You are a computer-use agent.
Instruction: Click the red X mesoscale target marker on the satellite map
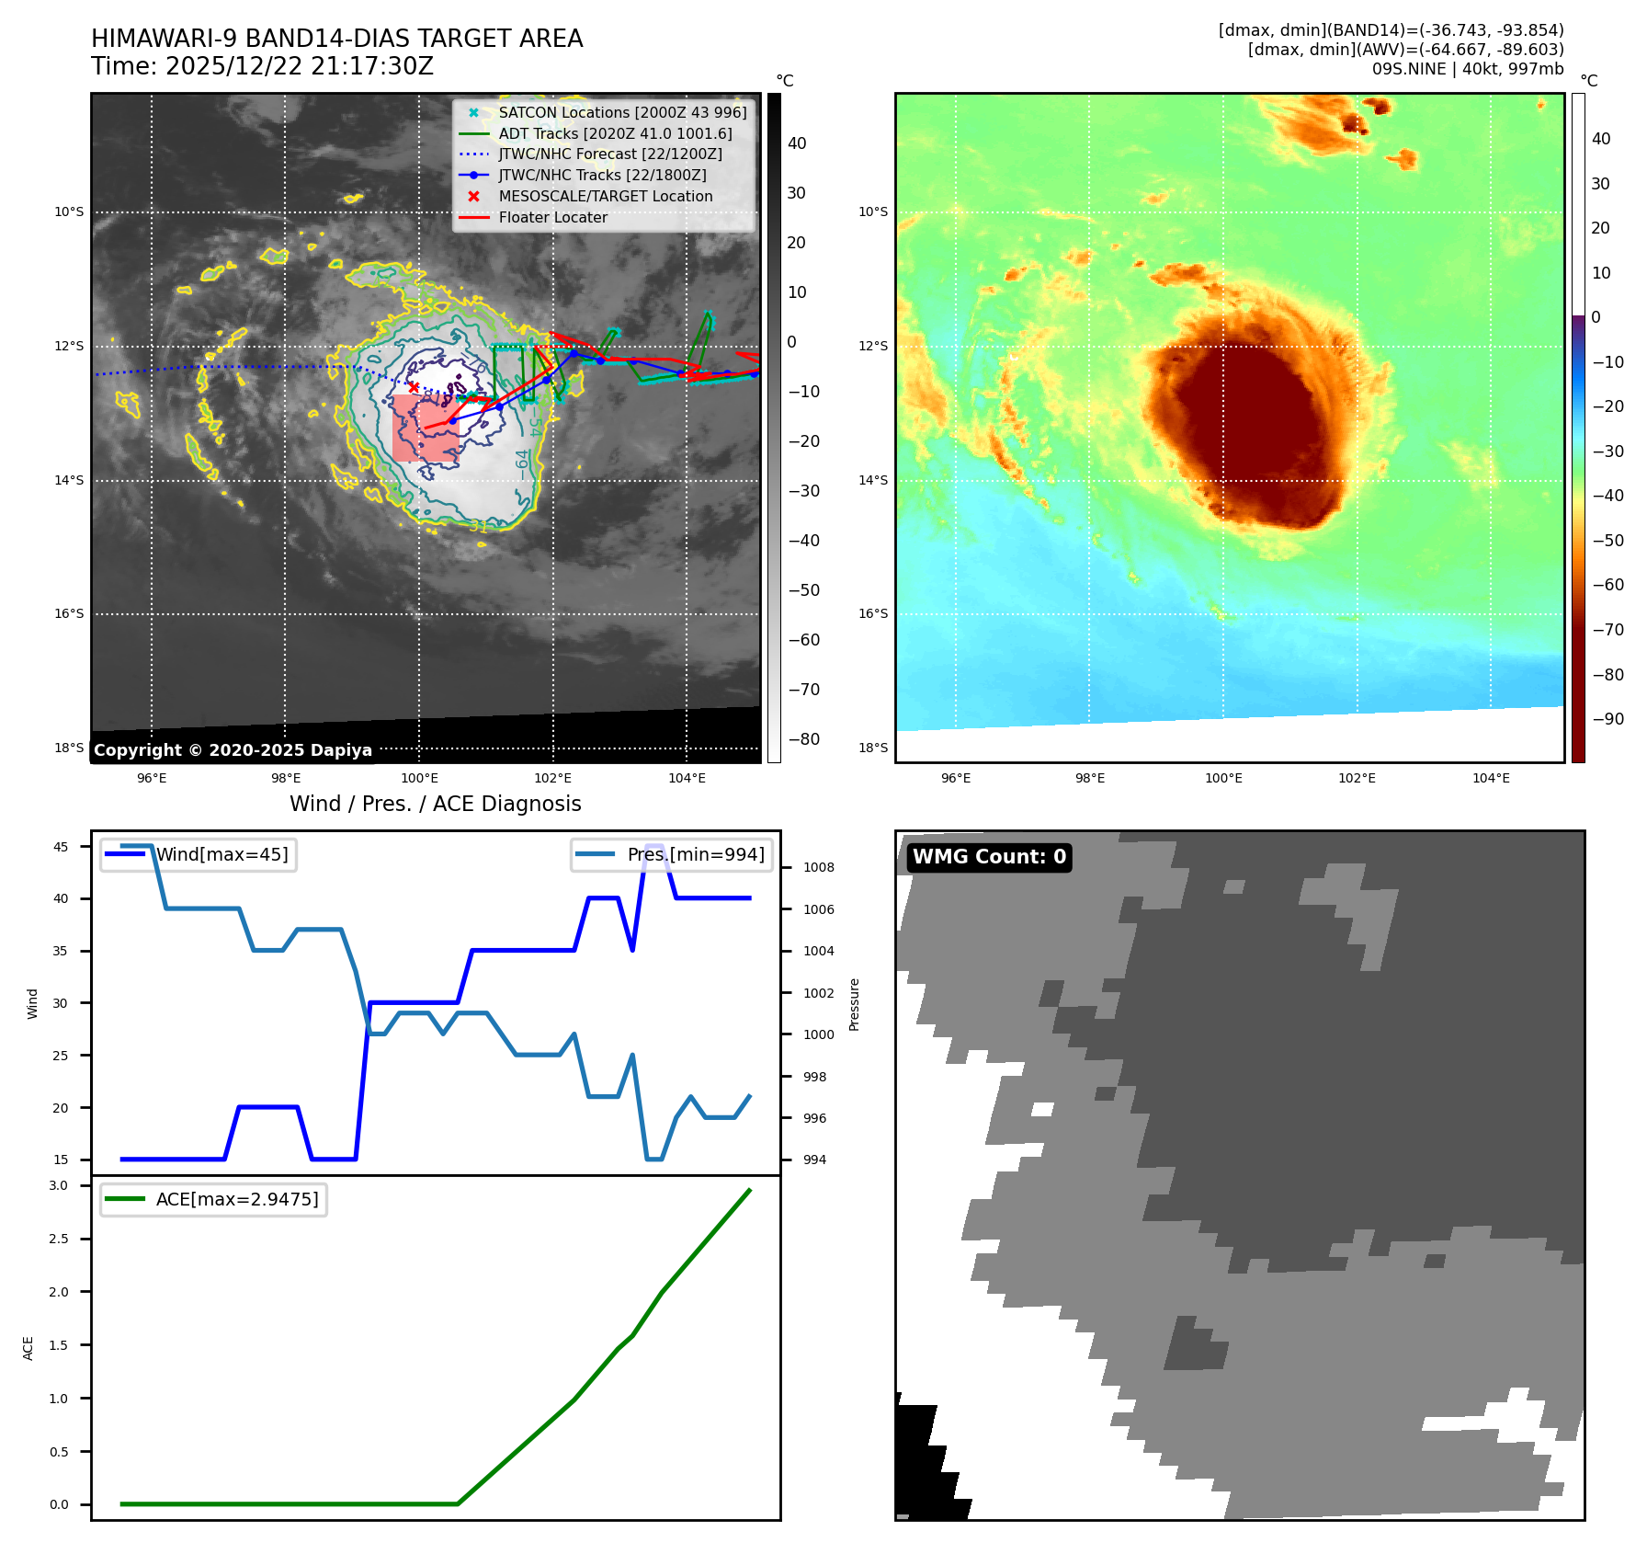tap(414, 387)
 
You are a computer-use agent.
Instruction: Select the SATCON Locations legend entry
tap(622, 112)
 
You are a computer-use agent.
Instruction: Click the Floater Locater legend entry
tap(552, 218)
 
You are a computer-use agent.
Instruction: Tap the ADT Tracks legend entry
tap(615, 133)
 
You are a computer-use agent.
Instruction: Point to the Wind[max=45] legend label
tap(221, 854)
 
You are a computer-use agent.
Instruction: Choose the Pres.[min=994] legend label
tap(696, 854)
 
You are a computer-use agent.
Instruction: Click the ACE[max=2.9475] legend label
tap(237, 1199)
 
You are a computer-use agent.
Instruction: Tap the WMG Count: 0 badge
tap(989, 857)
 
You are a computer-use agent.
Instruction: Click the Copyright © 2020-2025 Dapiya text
tap(233, 750)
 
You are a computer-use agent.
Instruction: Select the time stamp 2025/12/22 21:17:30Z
tap(300, 67)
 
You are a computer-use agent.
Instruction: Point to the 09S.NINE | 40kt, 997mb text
tap(1468, 69)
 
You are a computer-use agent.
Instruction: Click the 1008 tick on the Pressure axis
tap(818, 867)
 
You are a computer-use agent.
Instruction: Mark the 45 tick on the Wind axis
tap(61, 847)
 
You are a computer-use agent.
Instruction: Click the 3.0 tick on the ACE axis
tap(59, 1185)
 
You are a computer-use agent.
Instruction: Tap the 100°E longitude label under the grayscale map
tap(419, 778)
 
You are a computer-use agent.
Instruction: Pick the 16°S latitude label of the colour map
tap(873, 613)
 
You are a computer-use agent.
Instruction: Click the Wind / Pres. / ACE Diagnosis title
tap(436, 804)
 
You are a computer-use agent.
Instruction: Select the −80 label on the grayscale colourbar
tap(804, 739)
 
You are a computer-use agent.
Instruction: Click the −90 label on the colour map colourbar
tap(1607, 719)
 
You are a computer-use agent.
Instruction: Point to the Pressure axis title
tap(855, 1004)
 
